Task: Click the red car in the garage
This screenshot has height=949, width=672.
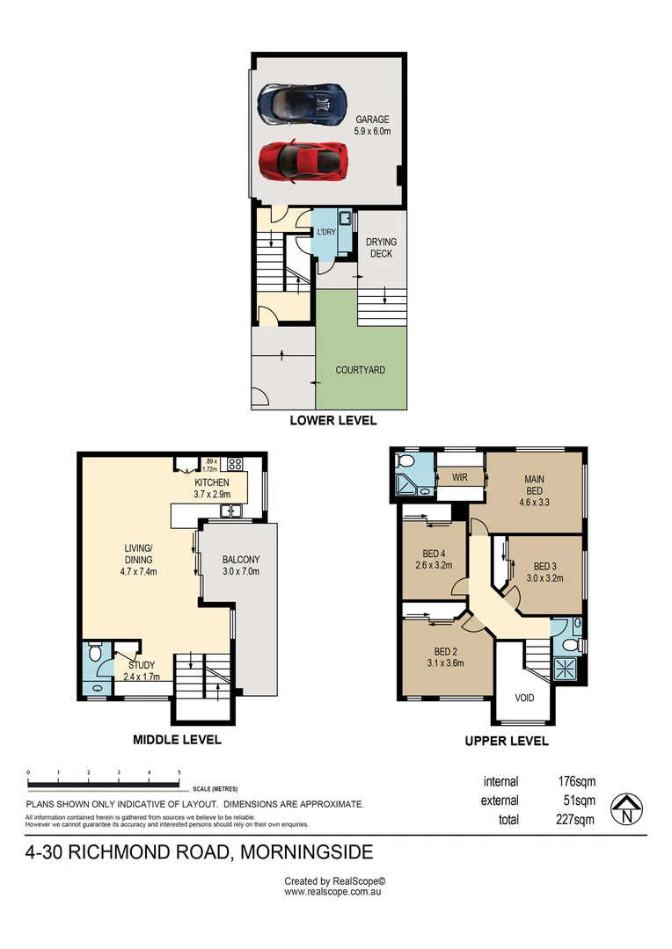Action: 301,160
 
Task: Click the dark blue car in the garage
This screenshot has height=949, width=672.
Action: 300,103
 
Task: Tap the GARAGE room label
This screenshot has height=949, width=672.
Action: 372,125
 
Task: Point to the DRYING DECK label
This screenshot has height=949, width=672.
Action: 381,248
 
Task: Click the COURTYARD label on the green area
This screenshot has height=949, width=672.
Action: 360,370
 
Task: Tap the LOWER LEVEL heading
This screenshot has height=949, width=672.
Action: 333,421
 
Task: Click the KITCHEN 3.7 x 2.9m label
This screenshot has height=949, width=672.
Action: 212,489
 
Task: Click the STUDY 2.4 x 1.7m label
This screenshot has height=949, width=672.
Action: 141,671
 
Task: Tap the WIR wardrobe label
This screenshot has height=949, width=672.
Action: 458,477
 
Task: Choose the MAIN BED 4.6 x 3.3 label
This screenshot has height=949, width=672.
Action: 536,486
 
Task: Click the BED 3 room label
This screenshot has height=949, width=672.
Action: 544,572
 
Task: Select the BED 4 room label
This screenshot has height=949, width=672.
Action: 432,559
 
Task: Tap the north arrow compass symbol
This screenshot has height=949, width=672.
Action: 626,808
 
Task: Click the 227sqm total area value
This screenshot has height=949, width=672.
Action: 577,820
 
